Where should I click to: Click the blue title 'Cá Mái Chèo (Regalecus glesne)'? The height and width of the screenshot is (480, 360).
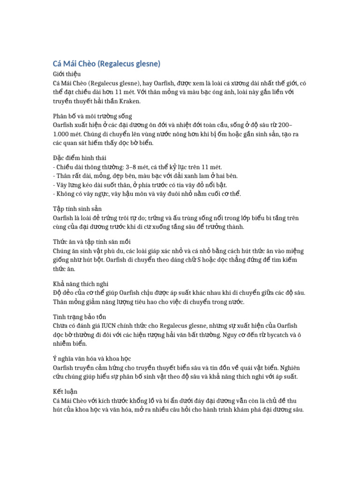click(106, 63)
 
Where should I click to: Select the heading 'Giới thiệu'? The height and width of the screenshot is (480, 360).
click(67, 74)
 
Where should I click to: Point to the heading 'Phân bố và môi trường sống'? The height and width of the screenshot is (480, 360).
click(92, 116)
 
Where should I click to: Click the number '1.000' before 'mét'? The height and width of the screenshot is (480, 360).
click(61, 134)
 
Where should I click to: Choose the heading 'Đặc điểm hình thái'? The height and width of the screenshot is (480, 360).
click(79, 158)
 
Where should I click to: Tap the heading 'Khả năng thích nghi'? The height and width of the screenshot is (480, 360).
click(80, 284)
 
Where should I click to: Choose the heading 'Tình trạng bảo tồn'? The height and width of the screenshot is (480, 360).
click(80, 316)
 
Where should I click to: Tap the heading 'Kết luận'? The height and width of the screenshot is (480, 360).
click(65, 391)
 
